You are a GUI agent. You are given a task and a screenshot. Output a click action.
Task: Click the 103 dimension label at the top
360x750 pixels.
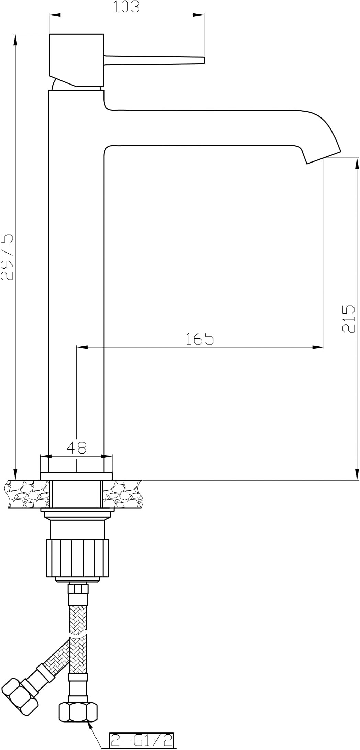click(x=127, y=7)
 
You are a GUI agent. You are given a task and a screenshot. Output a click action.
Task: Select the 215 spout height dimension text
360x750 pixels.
click(x=348, y=318)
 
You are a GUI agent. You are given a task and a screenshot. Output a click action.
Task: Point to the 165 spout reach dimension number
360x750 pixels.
click(x=200, y=338)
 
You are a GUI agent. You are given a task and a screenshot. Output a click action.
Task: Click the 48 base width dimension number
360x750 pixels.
click(x=76, y=447)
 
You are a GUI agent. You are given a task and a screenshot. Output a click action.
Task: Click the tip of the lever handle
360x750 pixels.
click(x=204, y=60)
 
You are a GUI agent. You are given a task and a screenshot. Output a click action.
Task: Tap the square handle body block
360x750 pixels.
click(x=76, y=60)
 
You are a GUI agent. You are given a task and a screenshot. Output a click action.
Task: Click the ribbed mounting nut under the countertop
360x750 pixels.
click(x=77, y=558)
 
